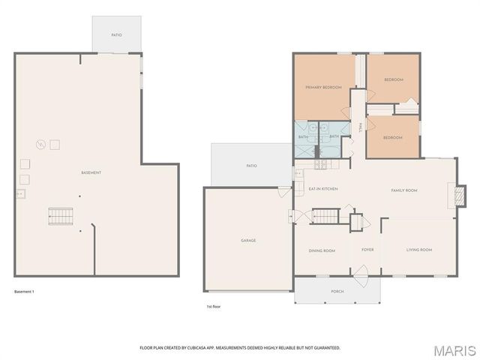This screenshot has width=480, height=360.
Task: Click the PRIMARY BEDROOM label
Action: (x=323, y=88)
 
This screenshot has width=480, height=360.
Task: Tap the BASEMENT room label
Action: (x=91, y=173)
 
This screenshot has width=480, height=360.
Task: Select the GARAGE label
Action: (x=248, y=241)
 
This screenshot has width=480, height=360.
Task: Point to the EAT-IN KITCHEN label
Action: (x=324, y=189)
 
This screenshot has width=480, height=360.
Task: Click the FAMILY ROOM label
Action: (x=404, y=190)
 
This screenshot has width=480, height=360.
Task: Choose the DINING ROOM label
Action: (x=322, y=250)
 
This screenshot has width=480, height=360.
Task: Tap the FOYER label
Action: (x=367, y=250)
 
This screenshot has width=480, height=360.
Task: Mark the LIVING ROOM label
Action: (x=419, y=250)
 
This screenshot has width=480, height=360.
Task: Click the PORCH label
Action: (x=337, y=291)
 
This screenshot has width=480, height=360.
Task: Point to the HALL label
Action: (x=360, y=128)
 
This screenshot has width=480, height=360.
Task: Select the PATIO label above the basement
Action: (x=116, y=34)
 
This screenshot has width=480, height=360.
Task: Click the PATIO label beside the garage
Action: (x=252, y=166)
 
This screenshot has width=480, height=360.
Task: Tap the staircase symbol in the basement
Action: (x=61, y=216)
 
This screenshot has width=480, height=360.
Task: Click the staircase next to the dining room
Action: (x=325, y=216)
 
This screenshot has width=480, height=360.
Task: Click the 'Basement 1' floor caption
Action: (x=24, y=291)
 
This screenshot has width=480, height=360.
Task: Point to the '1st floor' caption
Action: (x=214, y=307)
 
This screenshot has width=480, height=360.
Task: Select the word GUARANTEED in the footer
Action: (x=325, y=348)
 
